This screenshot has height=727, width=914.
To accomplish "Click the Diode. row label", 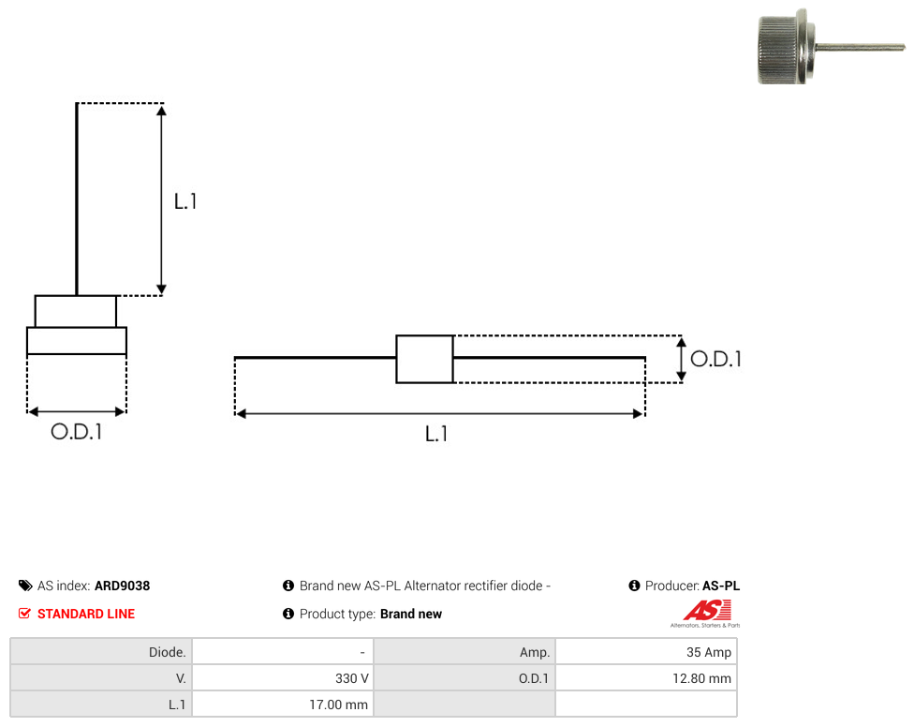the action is pos(167,652).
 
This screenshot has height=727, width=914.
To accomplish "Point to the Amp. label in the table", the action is pos(535,652).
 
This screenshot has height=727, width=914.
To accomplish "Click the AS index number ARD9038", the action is pos(123,586).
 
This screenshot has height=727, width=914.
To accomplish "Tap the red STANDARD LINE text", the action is pos(86,614).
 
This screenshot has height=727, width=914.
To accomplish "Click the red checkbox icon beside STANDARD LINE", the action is pos(24,614).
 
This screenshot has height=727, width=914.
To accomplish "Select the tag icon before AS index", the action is pos(25,586).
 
